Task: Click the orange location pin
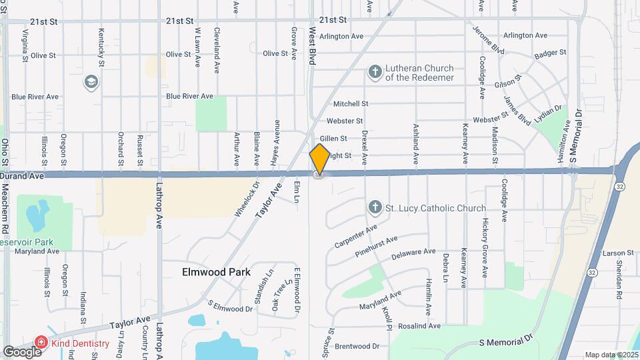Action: tap(319, 159)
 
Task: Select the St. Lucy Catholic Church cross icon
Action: tap(375, 208)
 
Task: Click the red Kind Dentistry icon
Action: tap(41, 343)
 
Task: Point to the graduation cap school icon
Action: tap(90, 82)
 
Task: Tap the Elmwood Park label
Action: tap(217, 272)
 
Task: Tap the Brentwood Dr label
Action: tap(357, 346)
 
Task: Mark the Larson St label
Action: tap(617, 253)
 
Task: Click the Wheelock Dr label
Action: tap(245, 199)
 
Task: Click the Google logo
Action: tap(21, 351)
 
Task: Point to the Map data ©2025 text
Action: tap(611, 355)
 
